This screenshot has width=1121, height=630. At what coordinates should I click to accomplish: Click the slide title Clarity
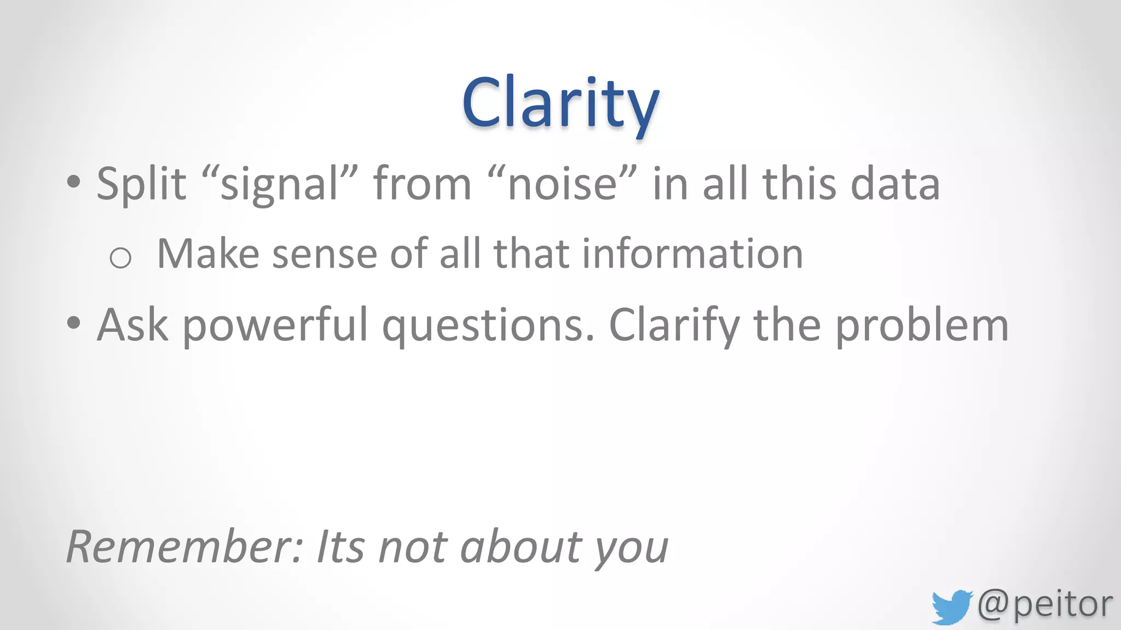click(560, 103)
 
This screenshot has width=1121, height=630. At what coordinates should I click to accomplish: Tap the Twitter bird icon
click(951, 606)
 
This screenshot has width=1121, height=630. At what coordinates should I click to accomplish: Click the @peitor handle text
click(1044, 604)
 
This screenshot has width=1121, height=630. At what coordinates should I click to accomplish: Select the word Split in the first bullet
click(141, 184)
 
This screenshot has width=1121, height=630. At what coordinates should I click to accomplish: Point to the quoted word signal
click(280, 184)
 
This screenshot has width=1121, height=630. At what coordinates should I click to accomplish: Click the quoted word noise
click(562, 184)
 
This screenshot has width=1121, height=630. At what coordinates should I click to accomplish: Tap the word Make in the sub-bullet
click(208, 254)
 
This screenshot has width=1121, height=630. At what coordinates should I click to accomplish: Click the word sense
click(325, 254)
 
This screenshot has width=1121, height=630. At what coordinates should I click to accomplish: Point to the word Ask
click(132, 325)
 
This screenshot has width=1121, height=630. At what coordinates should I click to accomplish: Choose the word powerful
click(275, 325)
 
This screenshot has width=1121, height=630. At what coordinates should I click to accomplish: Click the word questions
click(487, 325)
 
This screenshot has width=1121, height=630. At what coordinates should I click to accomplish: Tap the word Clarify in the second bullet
click(674, 325)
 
